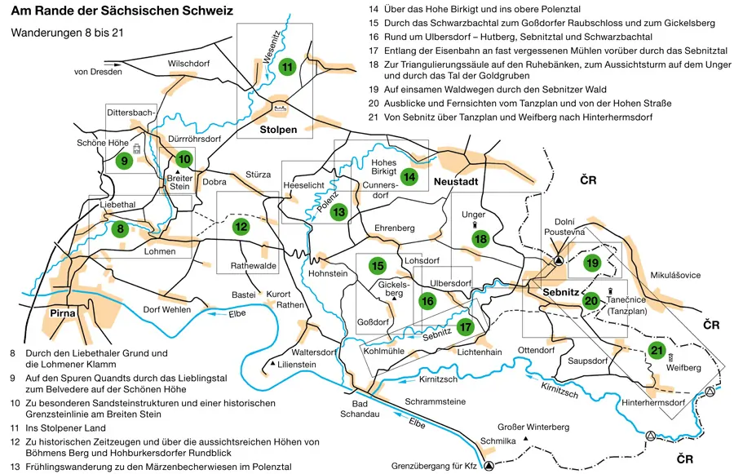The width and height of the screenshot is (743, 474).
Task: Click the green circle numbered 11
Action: point(286,67)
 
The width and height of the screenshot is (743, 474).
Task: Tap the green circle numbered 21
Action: point(657,351)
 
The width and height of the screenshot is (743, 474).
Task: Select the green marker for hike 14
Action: point(409,177)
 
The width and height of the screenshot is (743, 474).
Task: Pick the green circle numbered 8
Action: point(121,229)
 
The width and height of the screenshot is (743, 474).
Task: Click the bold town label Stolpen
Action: point(279,130)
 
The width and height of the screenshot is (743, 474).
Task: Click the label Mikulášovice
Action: point(675,276)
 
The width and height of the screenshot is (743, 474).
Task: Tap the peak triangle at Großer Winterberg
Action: point(528,440)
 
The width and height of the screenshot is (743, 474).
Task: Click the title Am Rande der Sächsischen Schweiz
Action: point(122,12)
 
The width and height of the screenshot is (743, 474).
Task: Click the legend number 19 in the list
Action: point(374,90)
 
